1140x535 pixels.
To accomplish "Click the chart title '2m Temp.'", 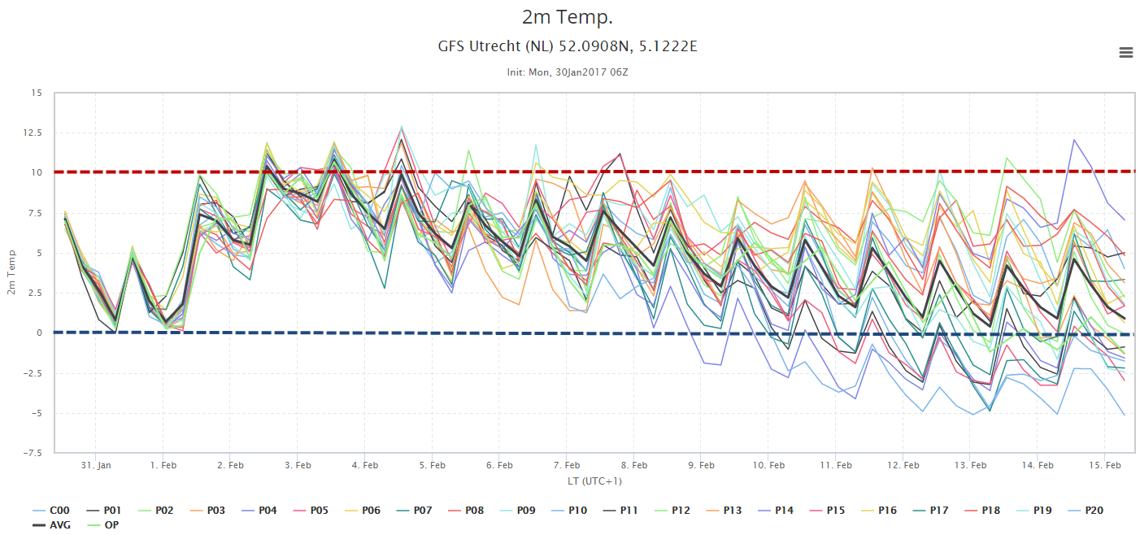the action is point(568,17).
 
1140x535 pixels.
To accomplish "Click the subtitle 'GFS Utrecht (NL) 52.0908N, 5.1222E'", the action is point(568,46).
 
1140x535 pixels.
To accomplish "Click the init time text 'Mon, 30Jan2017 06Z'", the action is point(578,72).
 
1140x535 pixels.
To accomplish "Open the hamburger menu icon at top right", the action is point(1125,52).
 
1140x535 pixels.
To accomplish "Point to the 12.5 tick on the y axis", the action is point(33,133).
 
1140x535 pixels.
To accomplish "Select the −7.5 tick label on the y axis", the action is point(32,453).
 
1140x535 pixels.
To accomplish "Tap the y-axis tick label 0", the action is point(39,333).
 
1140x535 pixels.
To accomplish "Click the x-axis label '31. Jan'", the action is point(96,465).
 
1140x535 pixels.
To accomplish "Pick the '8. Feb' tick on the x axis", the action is point(634,465).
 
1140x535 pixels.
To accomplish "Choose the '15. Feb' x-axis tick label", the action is point(1105,465).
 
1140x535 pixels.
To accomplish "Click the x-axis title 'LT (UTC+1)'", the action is point(594,481).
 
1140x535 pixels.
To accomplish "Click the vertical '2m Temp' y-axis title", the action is point(11,272).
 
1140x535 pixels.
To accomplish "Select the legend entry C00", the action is point(51,511).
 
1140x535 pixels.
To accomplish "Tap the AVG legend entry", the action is point(51,525).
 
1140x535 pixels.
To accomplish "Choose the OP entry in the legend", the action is point(103,525).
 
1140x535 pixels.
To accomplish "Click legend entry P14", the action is point(776,511).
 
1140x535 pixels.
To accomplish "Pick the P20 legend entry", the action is point(1086,511).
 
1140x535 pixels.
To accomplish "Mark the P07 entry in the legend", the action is point(414,511).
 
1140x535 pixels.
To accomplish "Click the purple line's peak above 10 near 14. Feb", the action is point(1074,140).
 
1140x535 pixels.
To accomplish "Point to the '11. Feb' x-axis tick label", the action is point(836,465).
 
